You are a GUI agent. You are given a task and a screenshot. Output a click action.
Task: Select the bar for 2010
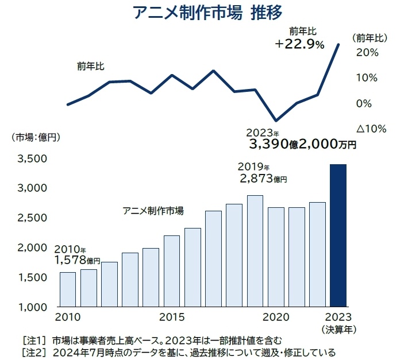click(68, 289)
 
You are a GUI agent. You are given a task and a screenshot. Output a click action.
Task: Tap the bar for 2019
click(255, 251)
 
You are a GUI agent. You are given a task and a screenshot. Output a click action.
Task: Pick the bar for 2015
click(172, 271)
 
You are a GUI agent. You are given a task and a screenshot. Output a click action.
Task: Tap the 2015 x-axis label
click(172, 317)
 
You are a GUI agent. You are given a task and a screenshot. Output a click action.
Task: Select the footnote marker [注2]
click(33, 351)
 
